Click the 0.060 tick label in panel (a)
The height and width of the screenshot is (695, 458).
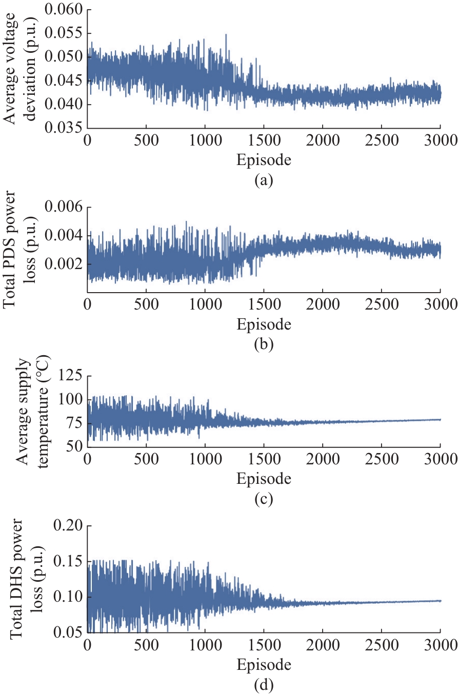64,10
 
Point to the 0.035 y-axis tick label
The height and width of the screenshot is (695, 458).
64,128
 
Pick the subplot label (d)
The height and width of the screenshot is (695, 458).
264,685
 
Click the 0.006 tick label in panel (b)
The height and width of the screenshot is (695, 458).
64,208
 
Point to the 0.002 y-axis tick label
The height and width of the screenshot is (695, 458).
64,264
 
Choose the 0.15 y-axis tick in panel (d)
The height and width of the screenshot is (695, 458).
69,562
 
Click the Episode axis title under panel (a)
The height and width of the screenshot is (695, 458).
264,160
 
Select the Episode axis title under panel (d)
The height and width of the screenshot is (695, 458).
264,665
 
